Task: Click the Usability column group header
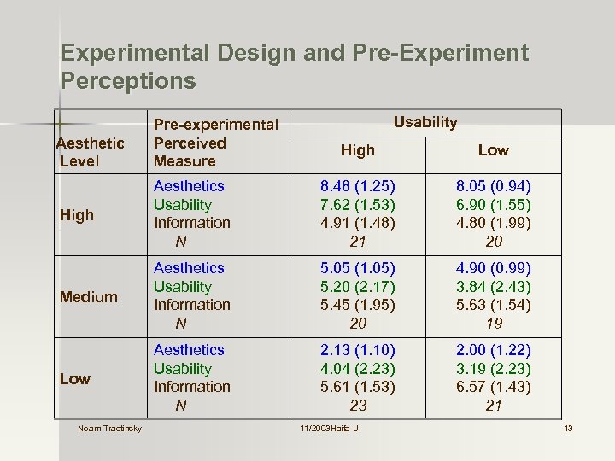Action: [x=425, y=122]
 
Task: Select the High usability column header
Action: [x=357, y=150]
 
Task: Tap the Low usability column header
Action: [x=493, y=150]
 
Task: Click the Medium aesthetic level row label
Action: [x=88, y=297]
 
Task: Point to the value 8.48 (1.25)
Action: [x=358, y=186]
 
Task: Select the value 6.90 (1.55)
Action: [x=493, y=205]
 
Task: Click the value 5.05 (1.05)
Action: [x=358, y=268]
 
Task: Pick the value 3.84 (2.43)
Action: [x=493, y=287]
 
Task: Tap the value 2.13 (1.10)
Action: [x=358, y=350]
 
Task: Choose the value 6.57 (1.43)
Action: [x=493, y=387]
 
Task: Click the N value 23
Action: [x=358, y=406]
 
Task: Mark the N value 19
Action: [x=493, y=324]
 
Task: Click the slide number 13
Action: [x=567, y=428]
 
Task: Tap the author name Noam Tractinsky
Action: [x=109, y=428]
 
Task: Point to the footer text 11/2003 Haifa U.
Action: [x=330, y=428]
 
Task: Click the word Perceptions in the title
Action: [x=128, y=82]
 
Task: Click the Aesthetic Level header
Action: [x=90, y=152]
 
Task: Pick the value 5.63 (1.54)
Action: [x=493, y=305]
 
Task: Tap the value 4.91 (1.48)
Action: [x=358, y=223]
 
